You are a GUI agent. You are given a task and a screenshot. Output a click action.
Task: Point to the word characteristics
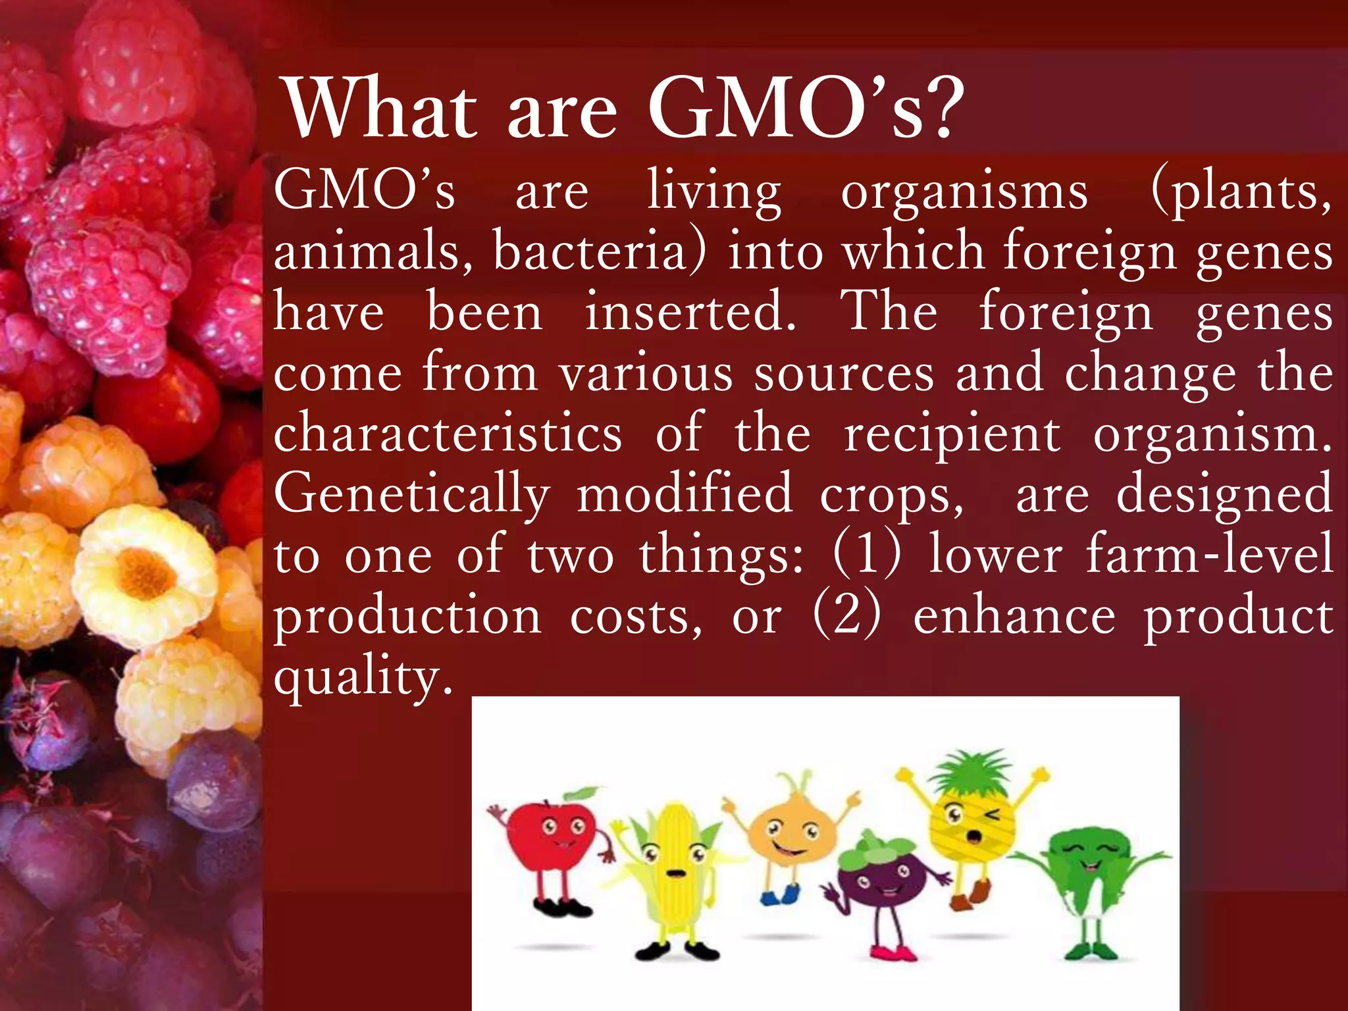[448, 434]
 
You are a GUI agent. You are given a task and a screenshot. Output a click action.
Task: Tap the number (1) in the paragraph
[867, 554]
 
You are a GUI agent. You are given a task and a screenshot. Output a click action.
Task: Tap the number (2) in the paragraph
[847, 615]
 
